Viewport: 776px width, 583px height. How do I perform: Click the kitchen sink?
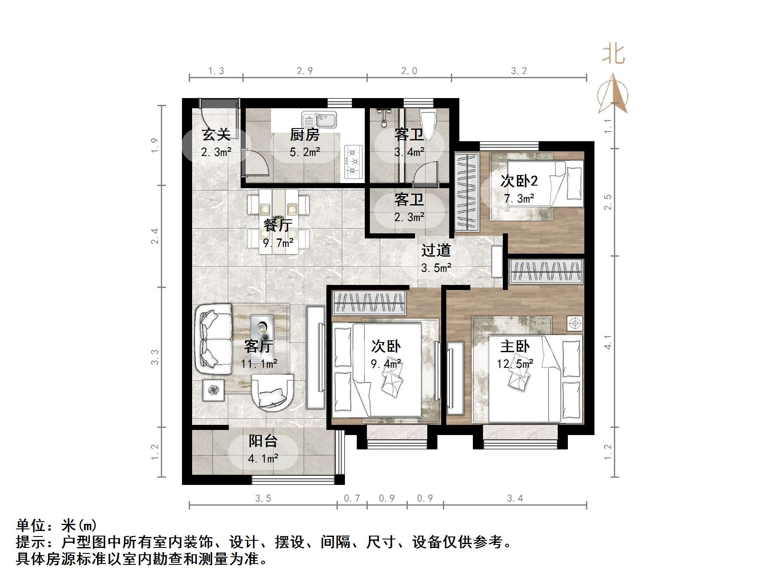[x=319, y=120]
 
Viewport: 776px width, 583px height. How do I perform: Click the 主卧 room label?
[x=515, y=347]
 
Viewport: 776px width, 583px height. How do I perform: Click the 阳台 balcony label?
[x=263, y=441]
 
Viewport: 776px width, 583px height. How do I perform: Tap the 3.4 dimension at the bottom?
[x=515, y=499]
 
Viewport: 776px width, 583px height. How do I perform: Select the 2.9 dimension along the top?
[x=304, y=71]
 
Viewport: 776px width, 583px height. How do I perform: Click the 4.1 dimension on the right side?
[x=608, y=342]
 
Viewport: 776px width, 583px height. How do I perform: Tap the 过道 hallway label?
[x=436, y=250]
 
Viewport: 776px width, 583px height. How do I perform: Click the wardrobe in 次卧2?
[x=467, y=192]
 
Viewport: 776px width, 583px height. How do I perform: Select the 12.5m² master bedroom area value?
[x=515, y=364]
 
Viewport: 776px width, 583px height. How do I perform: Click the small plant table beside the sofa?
[x=214, y=390]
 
